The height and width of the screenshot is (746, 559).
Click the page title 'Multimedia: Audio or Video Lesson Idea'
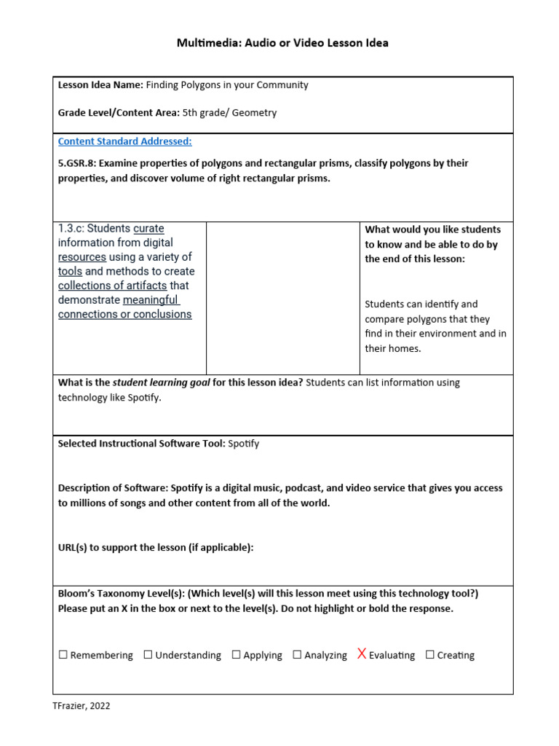[x=282, y=43]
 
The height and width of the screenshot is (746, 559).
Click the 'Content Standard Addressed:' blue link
[x=124, y=141]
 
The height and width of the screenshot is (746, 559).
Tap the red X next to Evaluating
[x=361, y=654]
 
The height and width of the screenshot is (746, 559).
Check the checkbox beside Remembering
[x=63, y=655]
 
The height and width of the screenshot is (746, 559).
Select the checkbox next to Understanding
[x=148, y=655]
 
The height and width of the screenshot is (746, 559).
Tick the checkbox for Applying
[x=236, y=655]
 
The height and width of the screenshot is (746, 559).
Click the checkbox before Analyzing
[x=297, y=655]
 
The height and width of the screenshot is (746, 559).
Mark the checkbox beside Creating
[x=429, y=655]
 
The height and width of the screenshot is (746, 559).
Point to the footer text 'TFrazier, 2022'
[x=82, y=705]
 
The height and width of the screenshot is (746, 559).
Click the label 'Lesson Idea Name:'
[x=100, y=85]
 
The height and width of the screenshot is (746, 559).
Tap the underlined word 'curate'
[x=148, y=229]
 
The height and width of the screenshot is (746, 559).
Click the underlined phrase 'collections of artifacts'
[x=112, y=286]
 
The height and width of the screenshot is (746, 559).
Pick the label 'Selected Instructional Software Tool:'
[x=141, y=444]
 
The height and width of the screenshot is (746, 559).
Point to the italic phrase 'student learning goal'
[x=161, y=382]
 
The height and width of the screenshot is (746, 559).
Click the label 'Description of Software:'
[x=113, y=488]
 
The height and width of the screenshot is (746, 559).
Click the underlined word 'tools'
[x=70, y=271]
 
